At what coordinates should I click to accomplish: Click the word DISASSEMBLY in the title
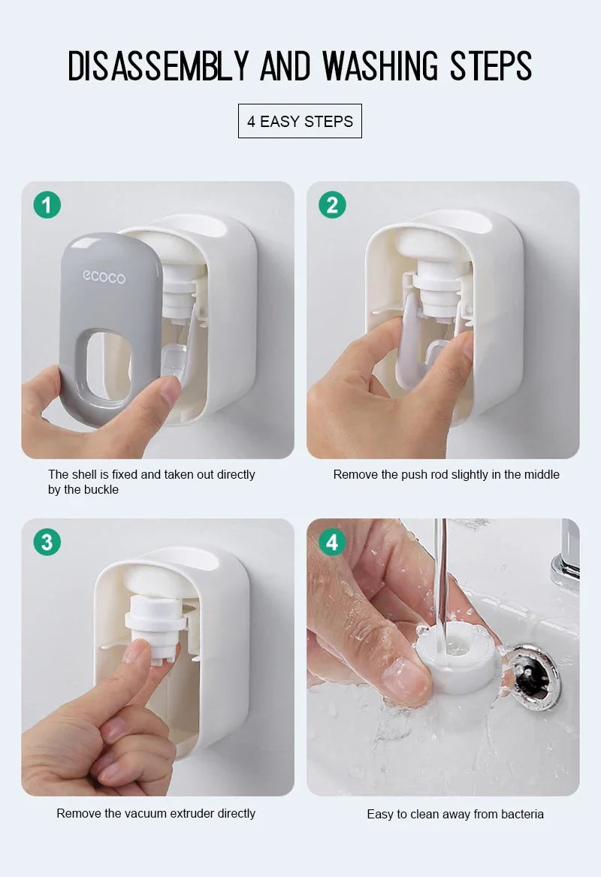161,66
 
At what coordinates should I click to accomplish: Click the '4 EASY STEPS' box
300,121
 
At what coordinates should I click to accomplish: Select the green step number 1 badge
47,204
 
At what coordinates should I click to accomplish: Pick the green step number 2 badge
332,204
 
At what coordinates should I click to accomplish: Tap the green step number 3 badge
47,542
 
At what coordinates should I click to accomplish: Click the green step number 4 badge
332,542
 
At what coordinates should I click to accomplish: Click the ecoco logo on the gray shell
104,277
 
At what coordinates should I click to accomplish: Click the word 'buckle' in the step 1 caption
101,490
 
